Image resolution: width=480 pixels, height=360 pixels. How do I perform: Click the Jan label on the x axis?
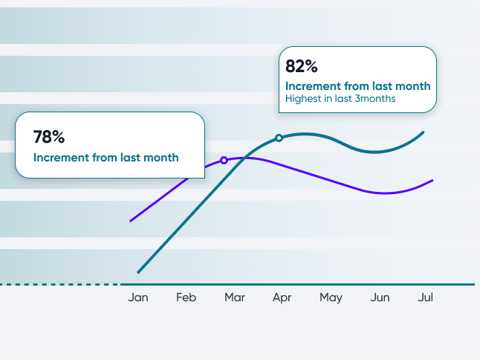click(138, 298)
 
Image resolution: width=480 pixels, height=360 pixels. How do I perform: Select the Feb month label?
click(186, 298)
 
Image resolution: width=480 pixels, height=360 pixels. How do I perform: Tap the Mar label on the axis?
click(235, 298)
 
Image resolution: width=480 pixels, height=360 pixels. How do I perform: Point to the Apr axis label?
click(282, 298)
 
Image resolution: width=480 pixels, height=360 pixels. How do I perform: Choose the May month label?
click(331, 298)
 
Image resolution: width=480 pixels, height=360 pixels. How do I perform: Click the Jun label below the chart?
click(380, 298)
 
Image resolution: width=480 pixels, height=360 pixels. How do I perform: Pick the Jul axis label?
click(426, 298)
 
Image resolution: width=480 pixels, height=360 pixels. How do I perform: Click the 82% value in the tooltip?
click(302, 66)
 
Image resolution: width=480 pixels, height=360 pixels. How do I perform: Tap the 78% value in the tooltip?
click(49, 137)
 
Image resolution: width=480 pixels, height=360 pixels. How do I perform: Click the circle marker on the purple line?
click(224, 160)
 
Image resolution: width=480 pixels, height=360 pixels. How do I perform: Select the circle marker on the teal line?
click(279, 138)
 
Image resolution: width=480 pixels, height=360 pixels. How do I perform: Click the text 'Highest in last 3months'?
click(340, 99)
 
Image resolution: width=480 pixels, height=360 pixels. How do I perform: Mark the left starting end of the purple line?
click(131, 221)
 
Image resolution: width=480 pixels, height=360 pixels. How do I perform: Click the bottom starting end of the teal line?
click(138, 272)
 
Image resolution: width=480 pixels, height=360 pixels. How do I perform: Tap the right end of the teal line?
click(423, 132)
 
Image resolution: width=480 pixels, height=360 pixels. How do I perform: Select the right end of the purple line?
click(432, 181)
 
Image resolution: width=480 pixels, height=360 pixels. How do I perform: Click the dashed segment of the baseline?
click(59, 285)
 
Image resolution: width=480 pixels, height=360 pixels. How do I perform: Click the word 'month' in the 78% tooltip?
click(161, 158)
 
